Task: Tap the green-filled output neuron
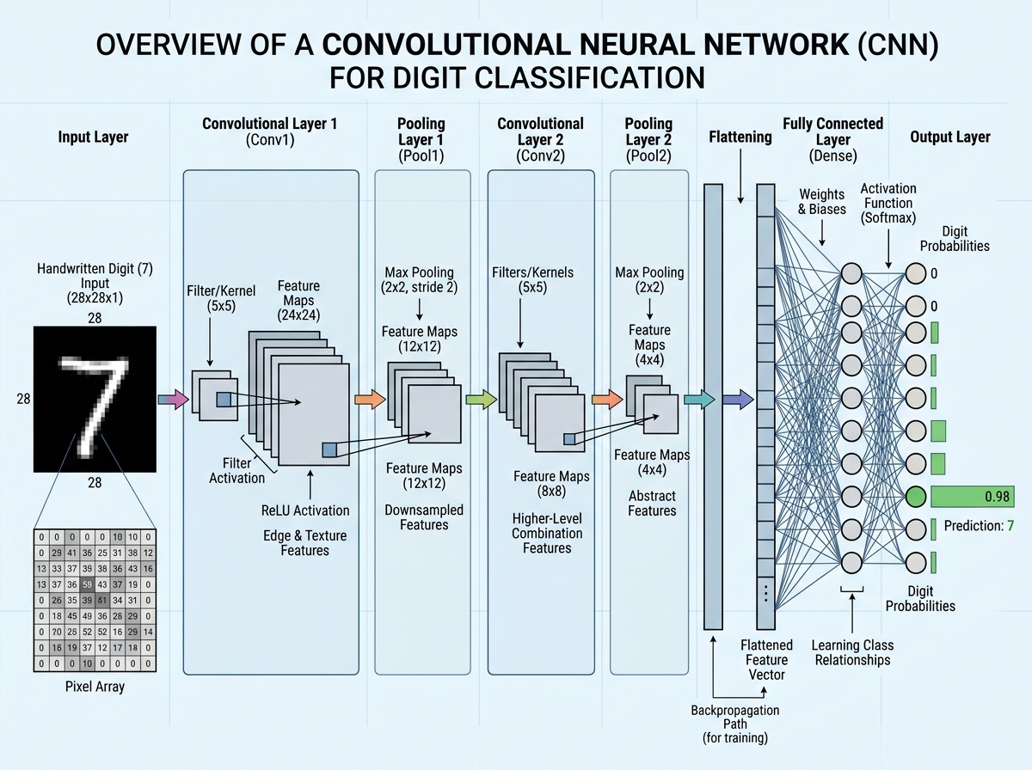coord(916,497)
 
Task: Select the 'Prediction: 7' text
coord(979,525)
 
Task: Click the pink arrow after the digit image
coord(173,399)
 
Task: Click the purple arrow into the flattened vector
coord(737,399)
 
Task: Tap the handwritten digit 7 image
coord(95,399)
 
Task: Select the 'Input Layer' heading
coord(94,137)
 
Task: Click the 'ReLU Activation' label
coord(305,510)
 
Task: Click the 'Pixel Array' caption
coord(95,687)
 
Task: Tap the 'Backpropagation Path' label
coord(735,718)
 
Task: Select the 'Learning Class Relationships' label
coord(853,652)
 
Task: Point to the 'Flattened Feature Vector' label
coord(766,659)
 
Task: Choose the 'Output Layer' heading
coord(949,137)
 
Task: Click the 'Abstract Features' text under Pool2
coord(652,503)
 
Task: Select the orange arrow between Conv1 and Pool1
coord(369,399)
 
